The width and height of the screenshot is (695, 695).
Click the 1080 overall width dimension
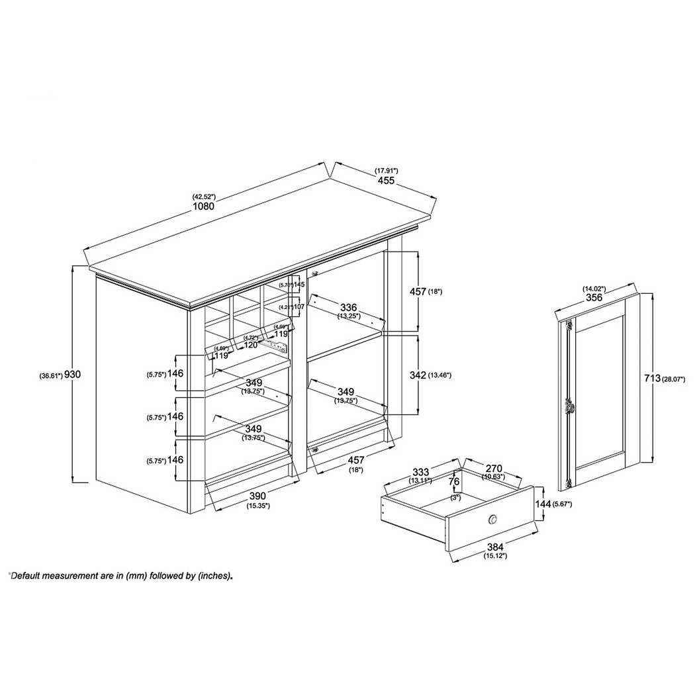pyautogui.click(x=204, y=206)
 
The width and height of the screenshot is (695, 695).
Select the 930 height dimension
pyautogui.click(x=73, y=375)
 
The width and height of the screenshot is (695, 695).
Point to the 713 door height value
pyautogui.click(x=653, y=378)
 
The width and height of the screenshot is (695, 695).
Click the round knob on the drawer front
pyautogui.click(x=492, y=519)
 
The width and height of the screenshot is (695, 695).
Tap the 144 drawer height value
pyautogui.click(x=543, y=504)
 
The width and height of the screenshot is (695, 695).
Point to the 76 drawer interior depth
pyautogui.click(x=454, y=482)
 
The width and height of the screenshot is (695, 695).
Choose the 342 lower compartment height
pyautogui.click(x=417, y=375)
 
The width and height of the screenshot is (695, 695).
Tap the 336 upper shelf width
pyautogui.click(x=349, y=307)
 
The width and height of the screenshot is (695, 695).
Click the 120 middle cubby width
pyautogui.click(x=250, y=346)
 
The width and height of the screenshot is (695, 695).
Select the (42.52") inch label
pyautogui.click(x=204, y=197)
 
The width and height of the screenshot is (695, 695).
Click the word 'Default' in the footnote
pyautogui.click(x=29, y=576)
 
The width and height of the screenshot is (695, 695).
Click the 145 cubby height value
pyautogui.click(x=299, y=285)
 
